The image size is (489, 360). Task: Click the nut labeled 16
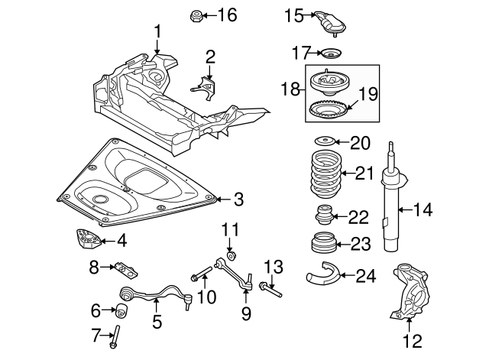coord(196,15)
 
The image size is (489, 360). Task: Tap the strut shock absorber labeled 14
coord(391,203)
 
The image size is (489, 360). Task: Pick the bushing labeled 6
coord(118,310)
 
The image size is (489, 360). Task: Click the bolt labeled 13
coord(269,289)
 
